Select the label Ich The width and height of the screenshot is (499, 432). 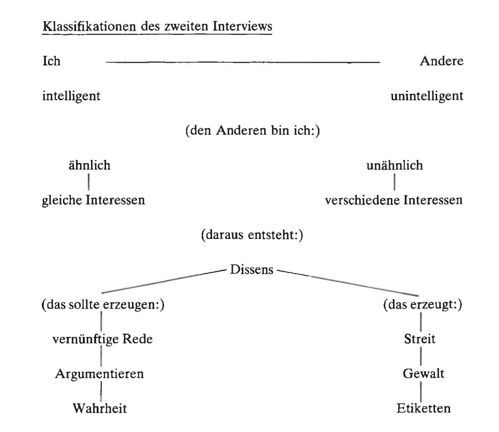(51, 61)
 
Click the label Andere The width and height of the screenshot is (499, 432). (441, 61)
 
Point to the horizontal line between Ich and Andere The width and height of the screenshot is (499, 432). (242, 63)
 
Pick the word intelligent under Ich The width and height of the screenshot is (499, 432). (71, 95)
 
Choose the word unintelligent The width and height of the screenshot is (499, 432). (427, 95)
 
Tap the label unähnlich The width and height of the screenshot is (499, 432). (394, 165)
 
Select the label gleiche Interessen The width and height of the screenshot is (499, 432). (93, 200)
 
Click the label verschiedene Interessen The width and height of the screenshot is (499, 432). (394, 200)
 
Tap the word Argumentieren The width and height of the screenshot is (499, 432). (99, 374)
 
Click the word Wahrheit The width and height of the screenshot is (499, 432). (99, 408)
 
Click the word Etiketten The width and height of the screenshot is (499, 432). (423, 408)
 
